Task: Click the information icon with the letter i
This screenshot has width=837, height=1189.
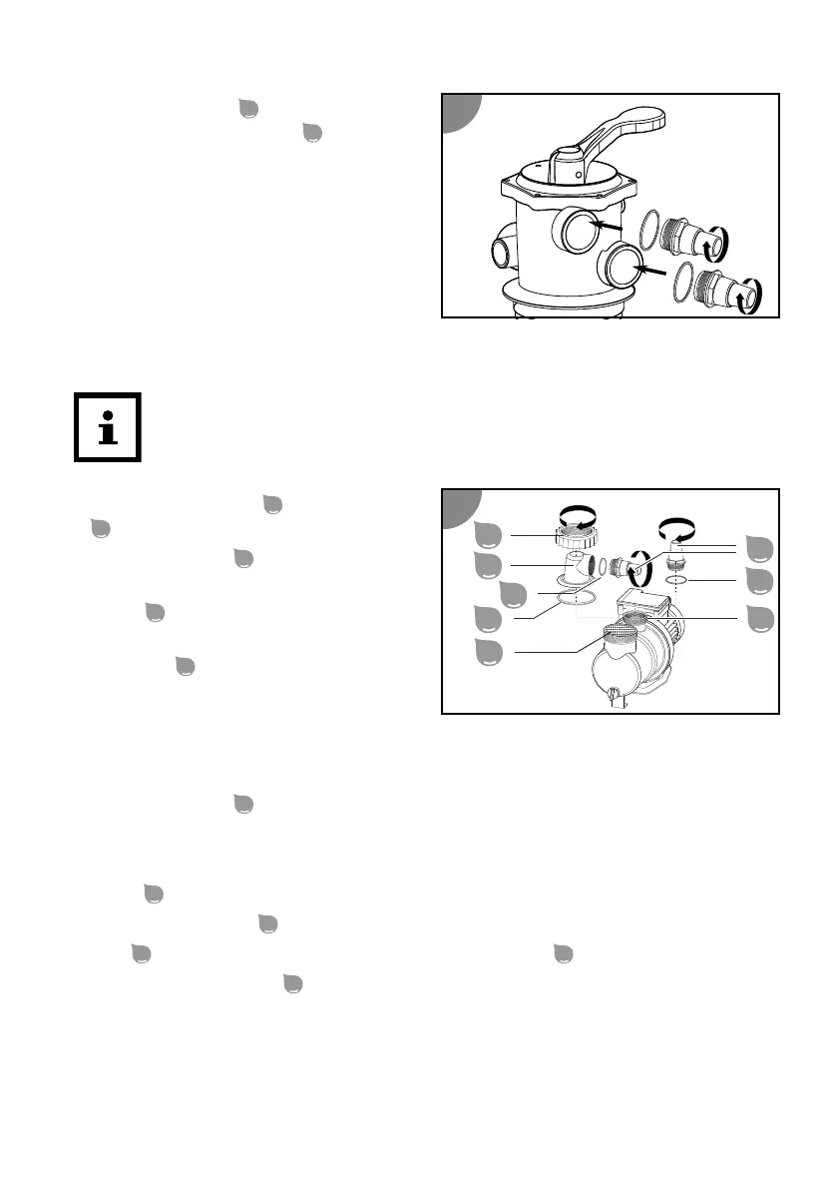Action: point(108,427)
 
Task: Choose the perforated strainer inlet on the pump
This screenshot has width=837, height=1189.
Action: point(625,631)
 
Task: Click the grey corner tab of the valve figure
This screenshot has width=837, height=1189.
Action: point(460,111)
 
